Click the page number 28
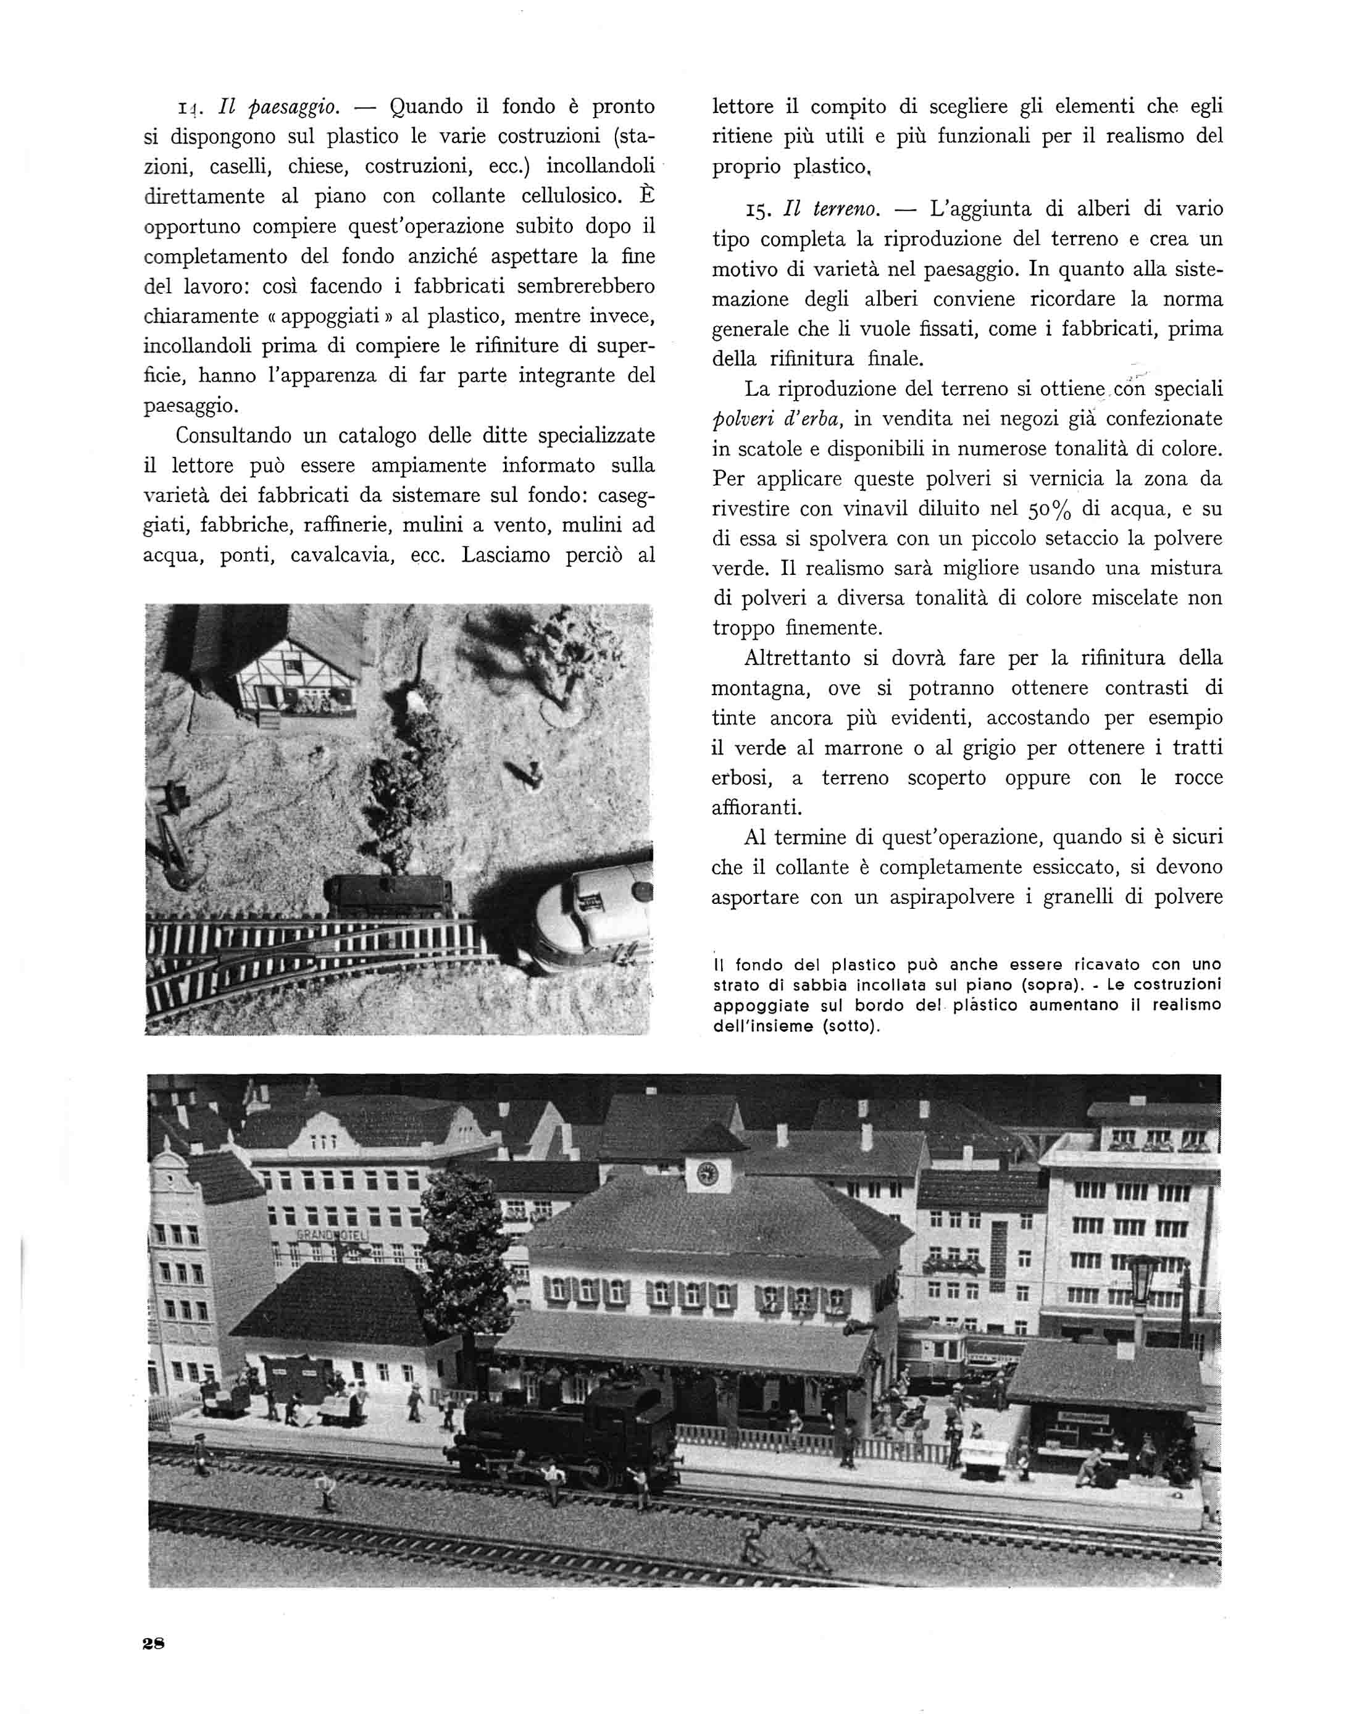click(153, 1644)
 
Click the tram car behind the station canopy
click(932, 1341)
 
